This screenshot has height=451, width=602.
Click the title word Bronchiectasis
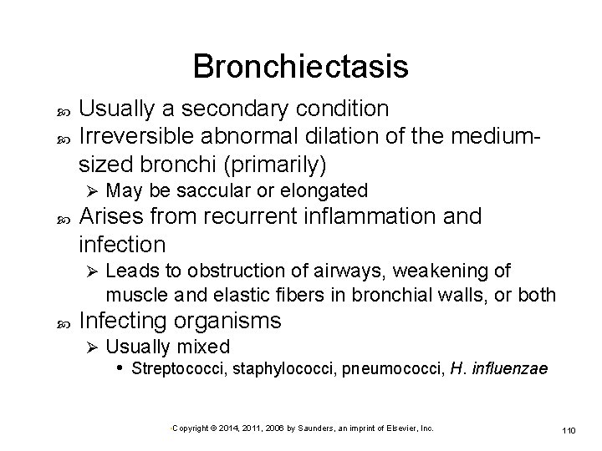pos(300,67)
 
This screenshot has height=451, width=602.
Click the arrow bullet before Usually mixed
pos(93,347)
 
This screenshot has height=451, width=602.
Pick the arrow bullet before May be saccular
pos(93,190)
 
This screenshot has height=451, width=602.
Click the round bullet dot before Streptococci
pos(121,368)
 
